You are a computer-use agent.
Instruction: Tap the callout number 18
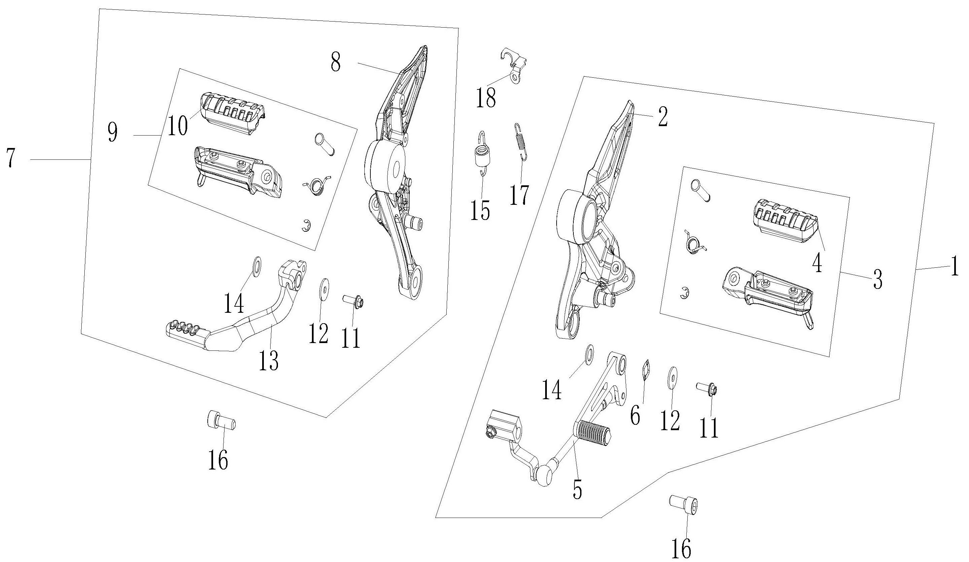[x=486, y=98]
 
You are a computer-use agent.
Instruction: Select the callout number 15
[x=480, y=210]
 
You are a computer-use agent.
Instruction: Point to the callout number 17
[x=520, y=195]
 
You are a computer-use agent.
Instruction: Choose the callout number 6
[x=635, y=415]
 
